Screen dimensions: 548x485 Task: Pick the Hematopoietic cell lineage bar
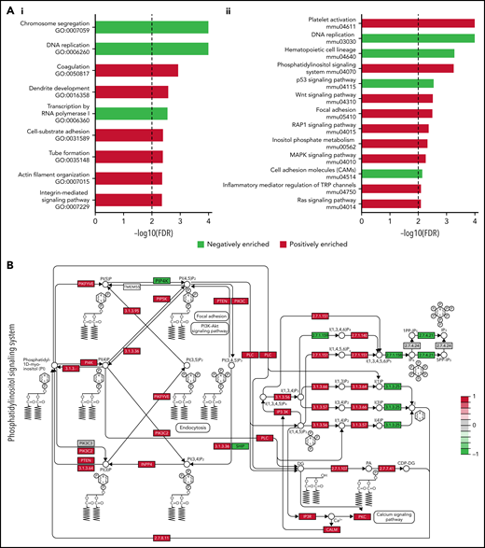(x=407, y=53)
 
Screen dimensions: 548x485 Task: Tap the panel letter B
(x=8, y=264)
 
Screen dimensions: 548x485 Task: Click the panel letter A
(x=8, y=7)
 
